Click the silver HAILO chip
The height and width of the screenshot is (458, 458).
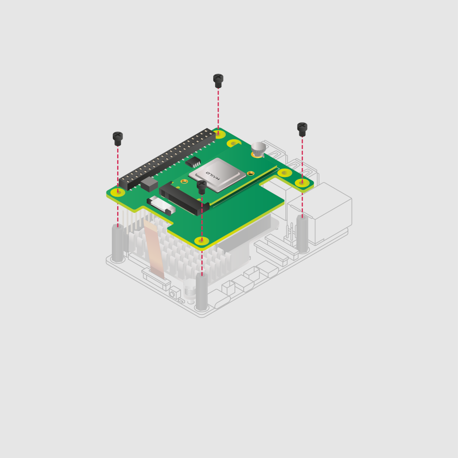click(x=217, y=174)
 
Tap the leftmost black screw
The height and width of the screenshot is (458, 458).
click(x=118, y=138)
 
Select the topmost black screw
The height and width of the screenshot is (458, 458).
click(x=218, y=81)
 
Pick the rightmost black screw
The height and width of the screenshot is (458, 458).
click(x=302, y=129)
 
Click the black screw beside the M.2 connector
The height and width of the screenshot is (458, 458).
click(x=202, y=187)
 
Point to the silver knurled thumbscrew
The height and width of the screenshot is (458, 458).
click(x=259, y=148)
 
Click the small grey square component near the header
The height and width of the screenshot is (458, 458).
click(x=149, y=184)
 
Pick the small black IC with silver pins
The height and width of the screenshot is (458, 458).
click(x=193, y=161)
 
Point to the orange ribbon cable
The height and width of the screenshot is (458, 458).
click(x=154, y=250)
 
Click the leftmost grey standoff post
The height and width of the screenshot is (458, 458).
click(x=118, y=244)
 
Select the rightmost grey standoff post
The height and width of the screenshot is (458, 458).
click(x=302, y=234)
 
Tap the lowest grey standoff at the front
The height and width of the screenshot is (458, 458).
click(x=202, y=293)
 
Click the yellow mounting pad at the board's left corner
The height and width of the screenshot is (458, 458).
click(x=118, y=192)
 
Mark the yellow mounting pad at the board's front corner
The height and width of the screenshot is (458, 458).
click(x=202, y=241)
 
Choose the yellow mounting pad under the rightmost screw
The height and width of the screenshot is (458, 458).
click(x=302, y=182)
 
